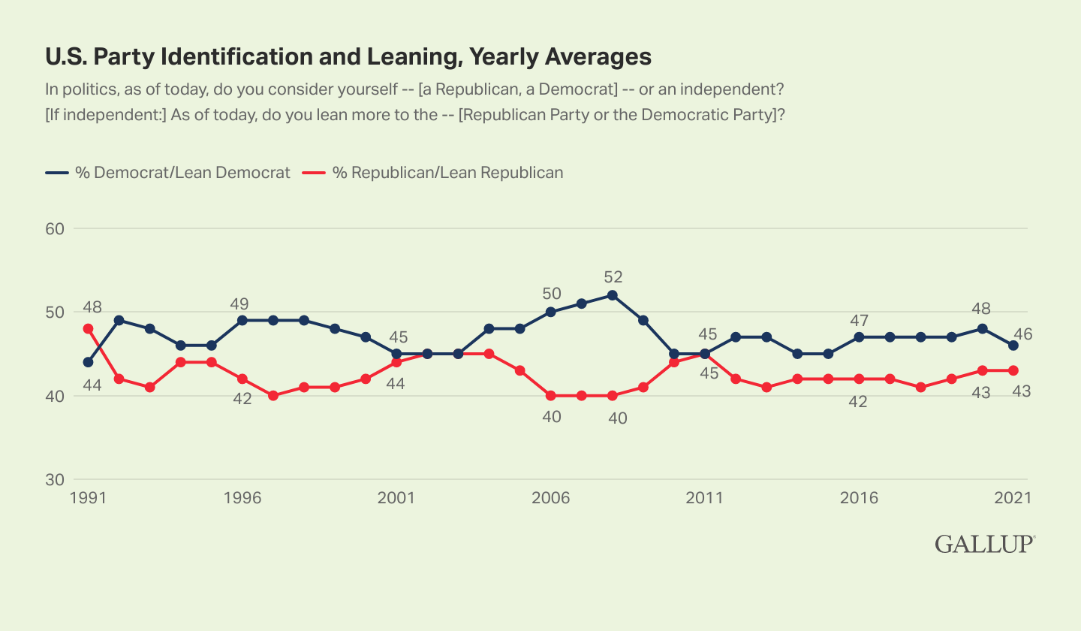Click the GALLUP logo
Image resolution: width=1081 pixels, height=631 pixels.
coord(985,545)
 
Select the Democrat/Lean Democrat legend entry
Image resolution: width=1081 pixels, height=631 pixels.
coord(168,173)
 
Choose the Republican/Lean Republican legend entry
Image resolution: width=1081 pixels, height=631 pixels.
coord(435,173)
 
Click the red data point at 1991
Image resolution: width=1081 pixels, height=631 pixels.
coord(89,328)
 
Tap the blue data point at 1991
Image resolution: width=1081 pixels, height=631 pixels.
coord(89,362)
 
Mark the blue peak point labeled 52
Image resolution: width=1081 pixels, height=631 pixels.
coord(612,295)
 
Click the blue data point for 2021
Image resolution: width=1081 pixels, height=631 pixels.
coord(1013,346)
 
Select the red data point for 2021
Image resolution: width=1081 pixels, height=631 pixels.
coord(1013,370)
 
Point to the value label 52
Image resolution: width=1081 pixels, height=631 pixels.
coord(613,276)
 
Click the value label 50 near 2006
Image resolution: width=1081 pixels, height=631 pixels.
coord(552,293)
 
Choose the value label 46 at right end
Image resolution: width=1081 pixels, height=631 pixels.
coord(1022,335)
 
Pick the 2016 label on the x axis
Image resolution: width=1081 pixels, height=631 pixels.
coord(857,498)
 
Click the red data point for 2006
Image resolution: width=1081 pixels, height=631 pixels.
coord(551,395)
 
